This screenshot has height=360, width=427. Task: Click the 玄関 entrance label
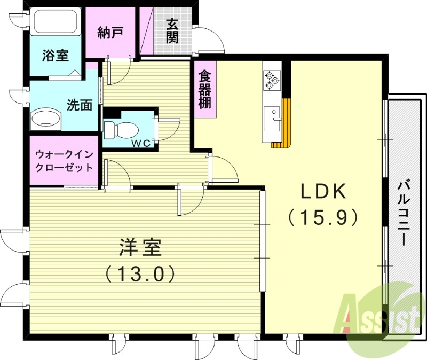click(171, 30)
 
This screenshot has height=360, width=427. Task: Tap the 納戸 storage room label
click(110, 33)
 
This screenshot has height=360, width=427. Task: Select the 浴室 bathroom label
click(55, 55)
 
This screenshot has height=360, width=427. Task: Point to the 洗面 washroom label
click(79, 105)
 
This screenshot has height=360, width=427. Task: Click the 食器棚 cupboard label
click(204, 89)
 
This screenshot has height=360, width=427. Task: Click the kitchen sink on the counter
click(272, 115)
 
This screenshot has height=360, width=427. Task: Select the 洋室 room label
click(140, 248)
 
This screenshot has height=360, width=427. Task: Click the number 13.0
click(140, 274)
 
